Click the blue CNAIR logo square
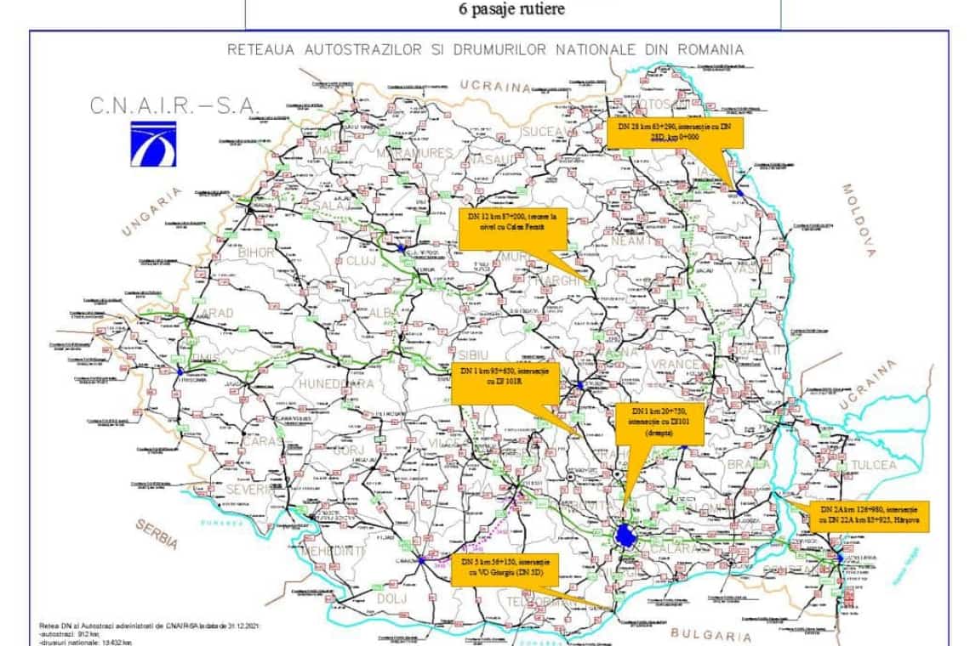pyautogui.click(x=153, y=141)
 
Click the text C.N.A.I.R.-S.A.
pyautogui.click(x=175, y=106)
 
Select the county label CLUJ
pyautogui.click(x=361, y=261)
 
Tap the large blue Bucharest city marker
pyautogui.click(x=626, y=535)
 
